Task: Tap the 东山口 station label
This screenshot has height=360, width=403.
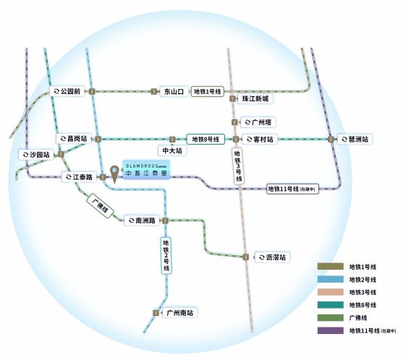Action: pos(174,92)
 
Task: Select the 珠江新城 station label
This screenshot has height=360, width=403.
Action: pos(254,98)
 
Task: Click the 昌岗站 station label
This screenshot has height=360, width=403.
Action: pos(75,138)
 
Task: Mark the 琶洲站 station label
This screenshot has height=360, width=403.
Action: pos(355,139)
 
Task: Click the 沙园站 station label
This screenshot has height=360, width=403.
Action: pos(37,155)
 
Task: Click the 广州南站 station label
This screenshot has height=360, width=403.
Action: pos(178,313)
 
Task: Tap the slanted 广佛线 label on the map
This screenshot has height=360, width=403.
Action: pos(99,205)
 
